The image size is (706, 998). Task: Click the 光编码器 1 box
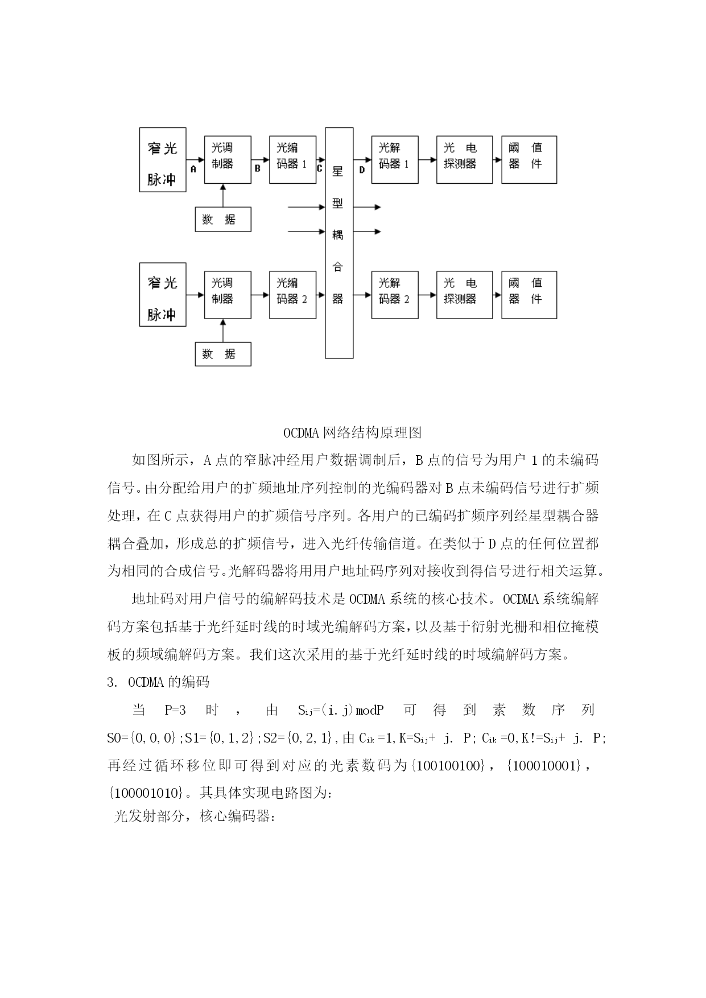pos(292,159)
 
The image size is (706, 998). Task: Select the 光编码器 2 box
pos(292,295)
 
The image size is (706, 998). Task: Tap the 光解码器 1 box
pos(395,159)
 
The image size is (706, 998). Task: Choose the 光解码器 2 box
pos(395,295)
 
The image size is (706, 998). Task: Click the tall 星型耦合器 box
pos(339,243)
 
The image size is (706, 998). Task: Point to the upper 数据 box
pos(223,220)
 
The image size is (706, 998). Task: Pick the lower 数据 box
pos(223,354)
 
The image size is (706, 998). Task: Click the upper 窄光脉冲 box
pos(163,159)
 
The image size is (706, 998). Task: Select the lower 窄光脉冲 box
pos(163,294)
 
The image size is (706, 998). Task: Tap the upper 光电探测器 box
pos(464,159)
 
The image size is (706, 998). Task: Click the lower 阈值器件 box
pos(529,295)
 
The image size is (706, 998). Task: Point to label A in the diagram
pos(193,169)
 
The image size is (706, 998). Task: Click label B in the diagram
pos(258,169)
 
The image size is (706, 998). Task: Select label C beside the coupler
pos(319,168)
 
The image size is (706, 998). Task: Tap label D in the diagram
pos(362,169)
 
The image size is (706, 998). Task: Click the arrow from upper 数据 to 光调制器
pos(223,196)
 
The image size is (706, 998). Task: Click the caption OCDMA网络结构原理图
pos(353,433)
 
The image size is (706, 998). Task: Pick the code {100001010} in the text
pos(146,793)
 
